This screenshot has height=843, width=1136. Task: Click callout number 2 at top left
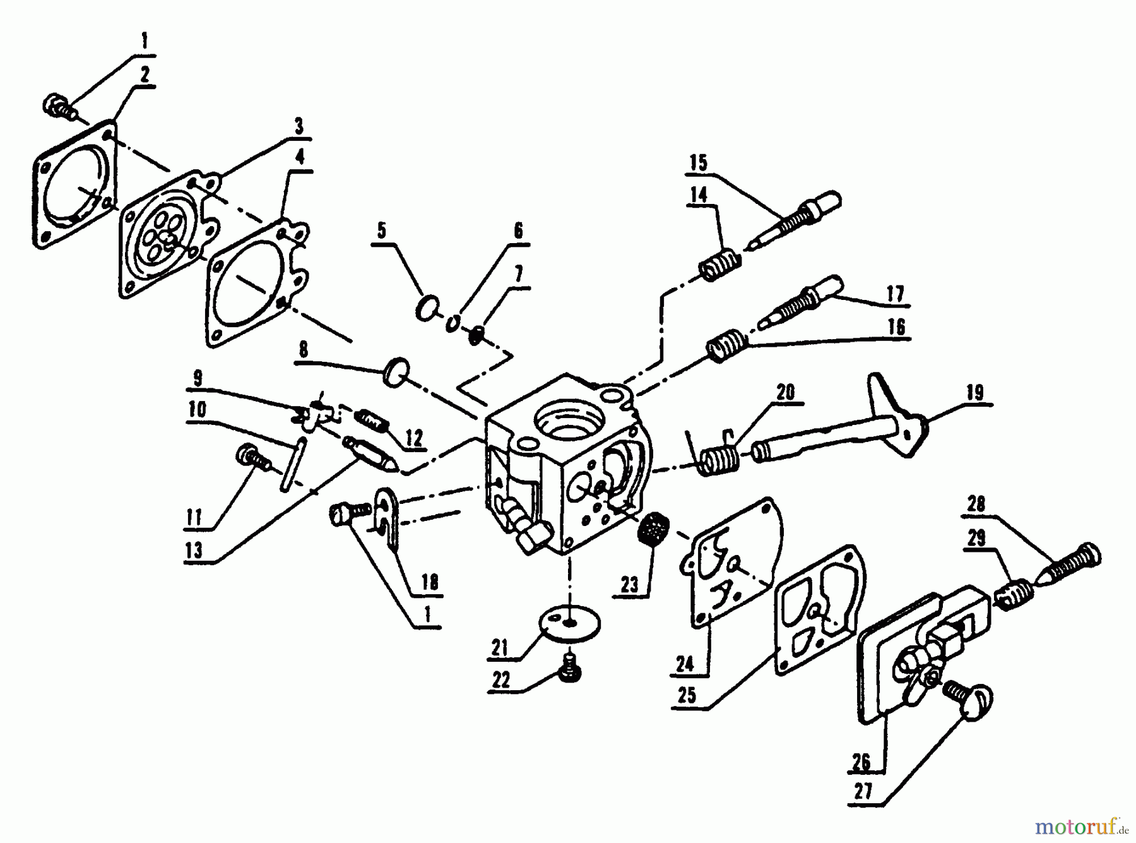click(145, 75)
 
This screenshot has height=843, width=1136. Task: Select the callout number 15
click(699, 163)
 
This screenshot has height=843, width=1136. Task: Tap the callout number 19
click(975, 393)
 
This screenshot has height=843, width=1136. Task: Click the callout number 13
click(194, 549)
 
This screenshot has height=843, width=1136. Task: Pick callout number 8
click(304, 350)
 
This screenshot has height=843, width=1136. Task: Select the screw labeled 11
click(254, 458)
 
